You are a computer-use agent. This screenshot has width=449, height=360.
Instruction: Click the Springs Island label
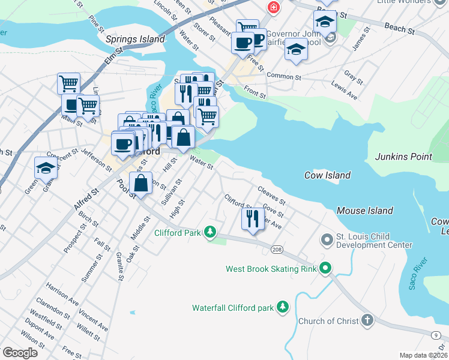click(x=135, y=39)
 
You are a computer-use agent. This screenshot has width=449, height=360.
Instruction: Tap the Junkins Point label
click(x=403, y=157)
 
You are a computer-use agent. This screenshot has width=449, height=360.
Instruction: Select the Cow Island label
click(x=327, y=175)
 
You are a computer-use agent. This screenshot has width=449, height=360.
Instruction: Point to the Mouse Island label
click(x=364, y=211)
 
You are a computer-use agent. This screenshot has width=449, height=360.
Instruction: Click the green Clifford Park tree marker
click(x=209, y=232)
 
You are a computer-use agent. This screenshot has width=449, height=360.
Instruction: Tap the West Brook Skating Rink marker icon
click(x=326, y=268)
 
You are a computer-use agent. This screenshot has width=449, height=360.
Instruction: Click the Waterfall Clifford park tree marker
click(x=283, y=308)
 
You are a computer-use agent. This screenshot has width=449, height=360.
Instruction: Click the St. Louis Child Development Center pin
click(x=327, y=241)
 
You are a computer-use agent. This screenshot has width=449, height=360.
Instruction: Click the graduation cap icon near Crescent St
click(x=45, y=168)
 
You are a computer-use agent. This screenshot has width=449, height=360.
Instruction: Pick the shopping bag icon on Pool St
click(x=141, y=183)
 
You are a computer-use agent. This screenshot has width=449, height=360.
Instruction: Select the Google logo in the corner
click(x=19, y=352)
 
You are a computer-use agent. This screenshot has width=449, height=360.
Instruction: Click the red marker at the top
click(x=273, y=7)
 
